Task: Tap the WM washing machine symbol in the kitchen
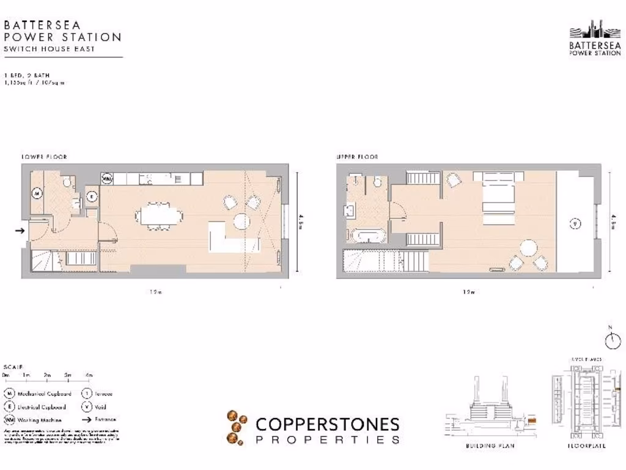tap(107, 179)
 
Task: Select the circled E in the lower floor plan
tap(92, 196)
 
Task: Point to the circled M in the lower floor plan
tap(37, 193)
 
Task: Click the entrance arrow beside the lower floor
tap(19, 231)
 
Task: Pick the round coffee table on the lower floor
tap(241, 221)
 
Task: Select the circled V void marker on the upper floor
tap(574, 223)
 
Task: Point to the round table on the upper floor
tap(528, 248)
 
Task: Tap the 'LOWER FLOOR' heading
tap(44, 157)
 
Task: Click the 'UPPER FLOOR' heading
tap(357, 157)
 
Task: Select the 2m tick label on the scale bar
tap(47, 375)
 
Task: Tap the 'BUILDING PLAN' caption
tap(490, 446)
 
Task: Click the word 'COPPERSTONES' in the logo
tap(327, 424)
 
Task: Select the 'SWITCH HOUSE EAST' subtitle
tap(50, 49)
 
